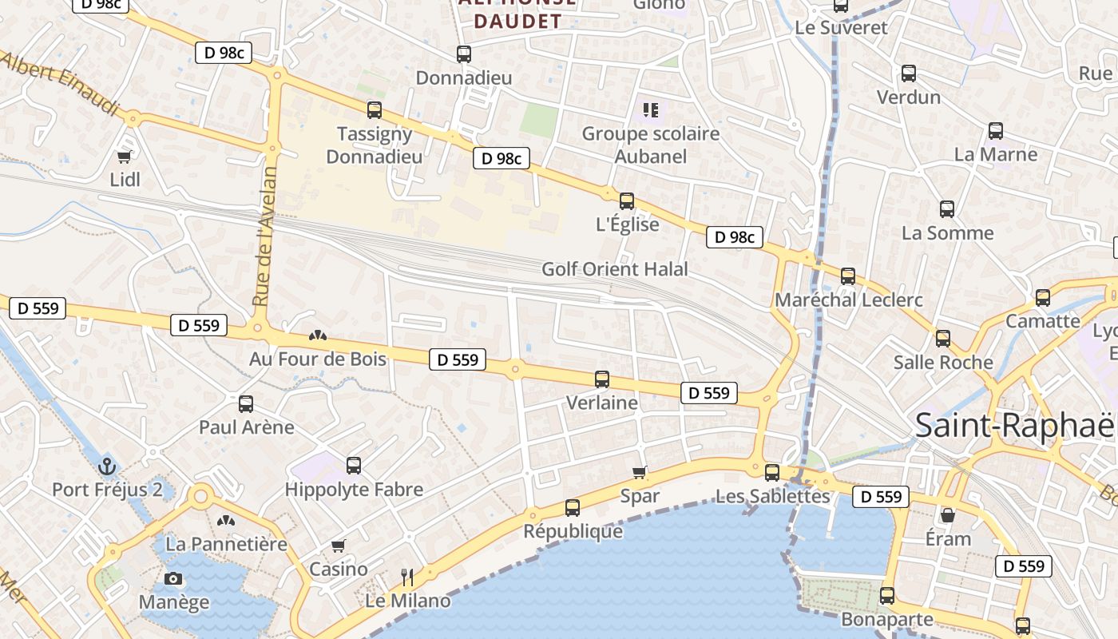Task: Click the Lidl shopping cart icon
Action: click(x=124, y=157)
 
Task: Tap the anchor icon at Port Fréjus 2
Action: click(x=106, y=466)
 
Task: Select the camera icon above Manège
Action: click(x=173, y=579)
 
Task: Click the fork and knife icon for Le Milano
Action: click(x=407, y=577)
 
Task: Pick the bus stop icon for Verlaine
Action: click(x=602, y=379)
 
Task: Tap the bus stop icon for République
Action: click(x=573, y=508)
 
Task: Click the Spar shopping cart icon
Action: click(x=640, y=472)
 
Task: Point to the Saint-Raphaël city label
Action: click(x=1014, y=425)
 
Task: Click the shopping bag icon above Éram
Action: click(x=948, y=515)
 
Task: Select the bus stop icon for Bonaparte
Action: click(x=887, y=596)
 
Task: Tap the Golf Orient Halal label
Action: click(x=615, y=269)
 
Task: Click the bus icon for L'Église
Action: click(x=627, y=201)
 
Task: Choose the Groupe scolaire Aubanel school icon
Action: click(x=650, y=110)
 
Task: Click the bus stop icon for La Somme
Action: click(x=947, y=210)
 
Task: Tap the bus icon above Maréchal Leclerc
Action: click(x=848, y=276)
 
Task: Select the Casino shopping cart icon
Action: click(x=339, y=546)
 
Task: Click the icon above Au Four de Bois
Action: click(x=318, y=336)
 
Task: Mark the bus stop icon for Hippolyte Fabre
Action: click(x=354, y=466)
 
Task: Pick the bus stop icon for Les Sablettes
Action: click(x=772, y=473)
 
